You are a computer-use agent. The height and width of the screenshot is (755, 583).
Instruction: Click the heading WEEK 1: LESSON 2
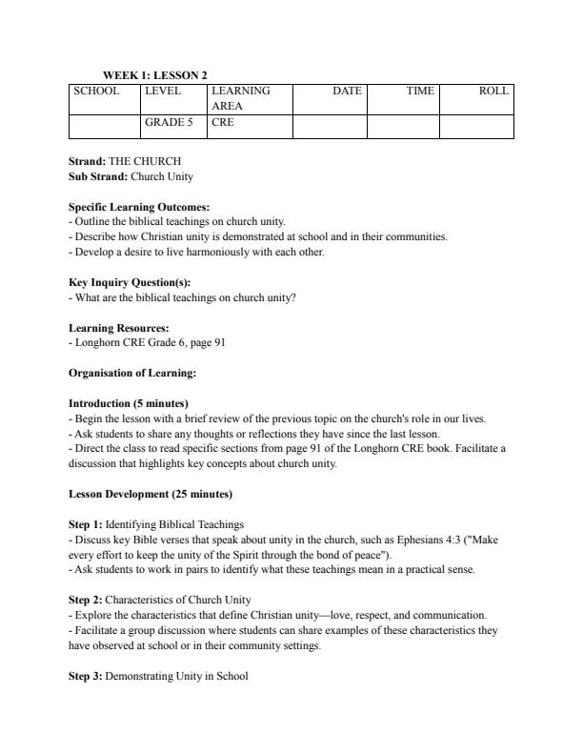click(154, 75)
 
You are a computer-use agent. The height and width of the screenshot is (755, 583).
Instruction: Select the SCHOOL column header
click(96, 92)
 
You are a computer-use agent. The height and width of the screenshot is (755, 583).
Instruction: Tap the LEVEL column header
click(162, 92)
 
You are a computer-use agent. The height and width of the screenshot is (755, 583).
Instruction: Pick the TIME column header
click(420, 92)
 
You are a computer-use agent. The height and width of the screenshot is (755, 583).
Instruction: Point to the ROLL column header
click(493, 92)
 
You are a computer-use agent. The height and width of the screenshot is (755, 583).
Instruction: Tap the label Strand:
click(87, 161)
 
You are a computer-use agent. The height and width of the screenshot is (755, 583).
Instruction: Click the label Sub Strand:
click(98, 177)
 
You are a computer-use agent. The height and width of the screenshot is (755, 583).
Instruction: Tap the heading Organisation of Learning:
click(131, 373)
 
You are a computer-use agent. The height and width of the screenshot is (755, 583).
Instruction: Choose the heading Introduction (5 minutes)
click(129, 403)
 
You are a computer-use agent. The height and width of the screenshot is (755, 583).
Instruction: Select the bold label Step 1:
click(85, 524)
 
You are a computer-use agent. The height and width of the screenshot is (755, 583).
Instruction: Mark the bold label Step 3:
click(85, 676)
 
